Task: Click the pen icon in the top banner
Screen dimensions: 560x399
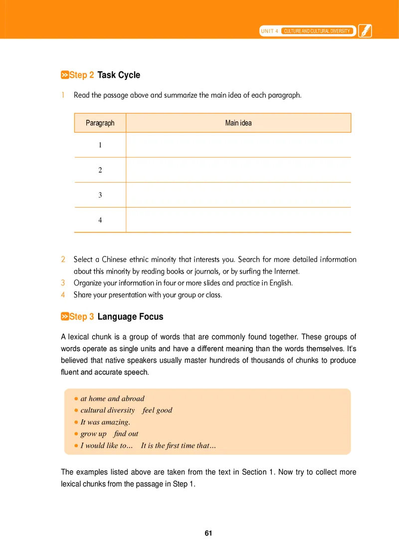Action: click(365, 30)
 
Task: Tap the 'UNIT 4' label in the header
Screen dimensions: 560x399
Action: click(269, 31)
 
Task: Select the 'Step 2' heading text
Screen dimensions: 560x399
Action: click(81, 75)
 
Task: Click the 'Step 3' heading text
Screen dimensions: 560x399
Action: click(81, 317)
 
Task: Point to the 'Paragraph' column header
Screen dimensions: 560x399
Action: click(100, 123)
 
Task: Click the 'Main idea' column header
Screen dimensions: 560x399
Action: click(238, 123)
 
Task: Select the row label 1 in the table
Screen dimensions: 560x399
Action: click(100, 145)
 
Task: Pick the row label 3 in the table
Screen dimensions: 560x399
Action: click(100, 195)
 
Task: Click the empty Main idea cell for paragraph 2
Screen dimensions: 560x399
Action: click(238, 170)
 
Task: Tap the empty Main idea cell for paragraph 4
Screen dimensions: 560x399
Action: click(238, 220)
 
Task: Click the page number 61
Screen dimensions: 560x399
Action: click(208, 533)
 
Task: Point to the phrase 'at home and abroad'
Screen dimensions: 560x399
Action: click(112, 399)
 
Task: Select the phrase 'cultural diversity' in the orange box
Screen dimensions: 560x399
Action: click(107, 410)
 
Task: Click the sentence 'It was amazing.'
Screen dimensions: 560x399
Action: click(105, 422)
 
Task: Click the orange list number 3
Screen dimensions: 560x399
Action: click(63, 283)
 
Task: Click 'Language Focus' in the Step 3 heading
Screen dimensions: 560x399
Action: click(130, 317)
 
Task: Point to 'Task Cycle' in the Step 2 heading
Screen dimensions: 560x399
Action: click(119, 75)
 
